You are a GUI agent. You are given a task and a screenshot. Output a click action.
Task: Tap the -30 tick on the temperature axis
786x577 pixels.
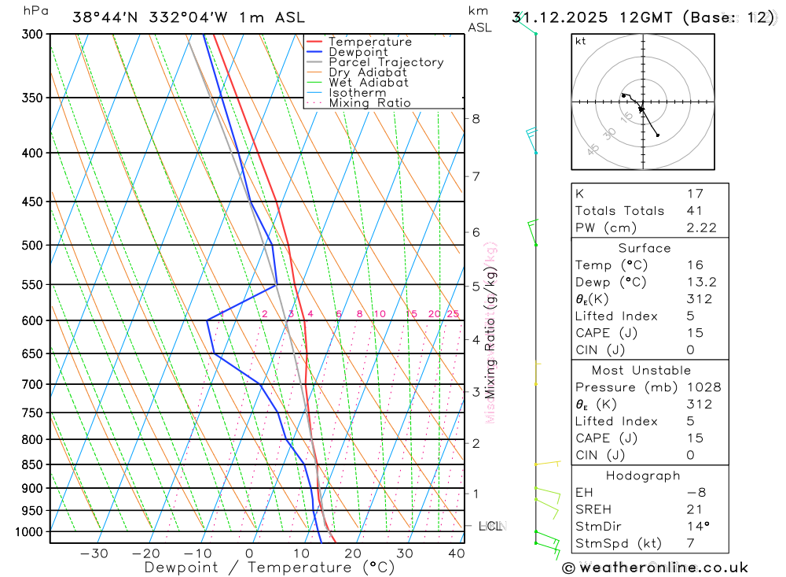point(94,553)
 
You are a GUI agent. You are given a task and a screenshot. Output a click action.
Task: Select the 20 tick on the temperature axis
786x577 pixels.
point(352,553)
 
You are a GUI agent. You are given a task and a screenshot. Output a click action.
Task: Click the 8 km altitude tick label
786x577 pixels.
point(476,119)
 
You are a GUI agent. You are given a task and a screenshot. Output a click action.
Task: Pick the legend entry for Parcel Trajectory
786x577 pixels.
point(386,62)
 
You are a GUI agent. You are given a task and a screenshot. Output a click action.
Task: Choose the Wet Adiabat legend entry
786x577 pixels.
point(369,83)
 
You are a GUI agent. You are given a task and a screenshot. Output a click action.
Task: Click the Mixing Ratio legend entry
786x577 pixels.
point(369,103)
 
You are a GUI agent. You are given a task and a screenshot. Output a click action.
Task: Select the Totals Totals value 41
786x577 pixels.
point(695,210)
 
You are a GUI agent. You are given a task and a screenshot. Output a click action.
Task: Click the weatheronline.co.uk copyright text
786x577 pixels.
point(656,568)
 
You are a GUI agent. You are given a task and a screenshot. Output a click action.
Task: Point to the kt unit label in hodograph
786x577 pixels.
point(580,41)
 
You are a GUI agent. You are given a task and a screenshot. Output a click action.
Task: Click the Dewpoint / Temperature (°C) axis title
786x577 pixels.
point(270,567)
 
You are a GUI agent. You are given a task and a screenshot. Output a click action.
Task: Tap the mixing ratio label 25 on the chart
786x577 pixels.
point(453,314)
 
